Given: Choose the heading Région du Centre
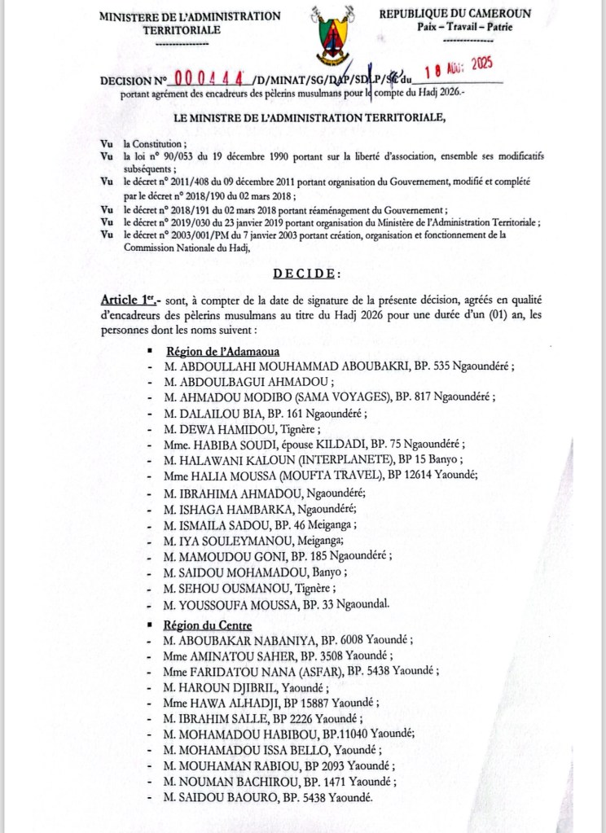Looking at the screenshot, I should (x=209, y=625).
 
